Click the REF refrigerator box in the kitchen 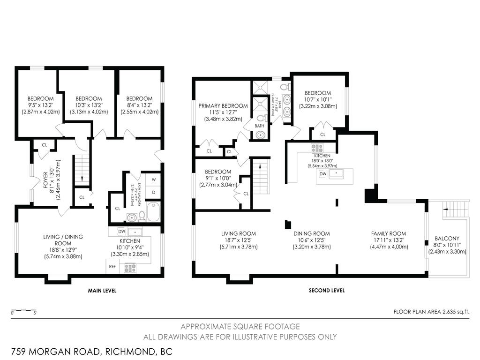112,266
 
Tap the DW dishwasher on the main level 122,231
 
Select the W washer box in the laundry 153,180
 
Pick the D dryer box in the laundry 153,193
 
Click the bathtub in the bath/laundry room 154,212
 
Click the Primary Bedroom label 223,106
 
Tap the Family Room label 389,233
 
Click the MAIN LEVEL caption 102,291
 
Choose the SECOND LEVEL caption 327,291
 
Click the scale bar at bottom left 24,311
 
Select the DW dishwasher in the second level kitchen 322,174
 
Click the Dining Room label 312,233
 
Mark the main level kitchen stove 129,268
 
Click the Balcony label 447,238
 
